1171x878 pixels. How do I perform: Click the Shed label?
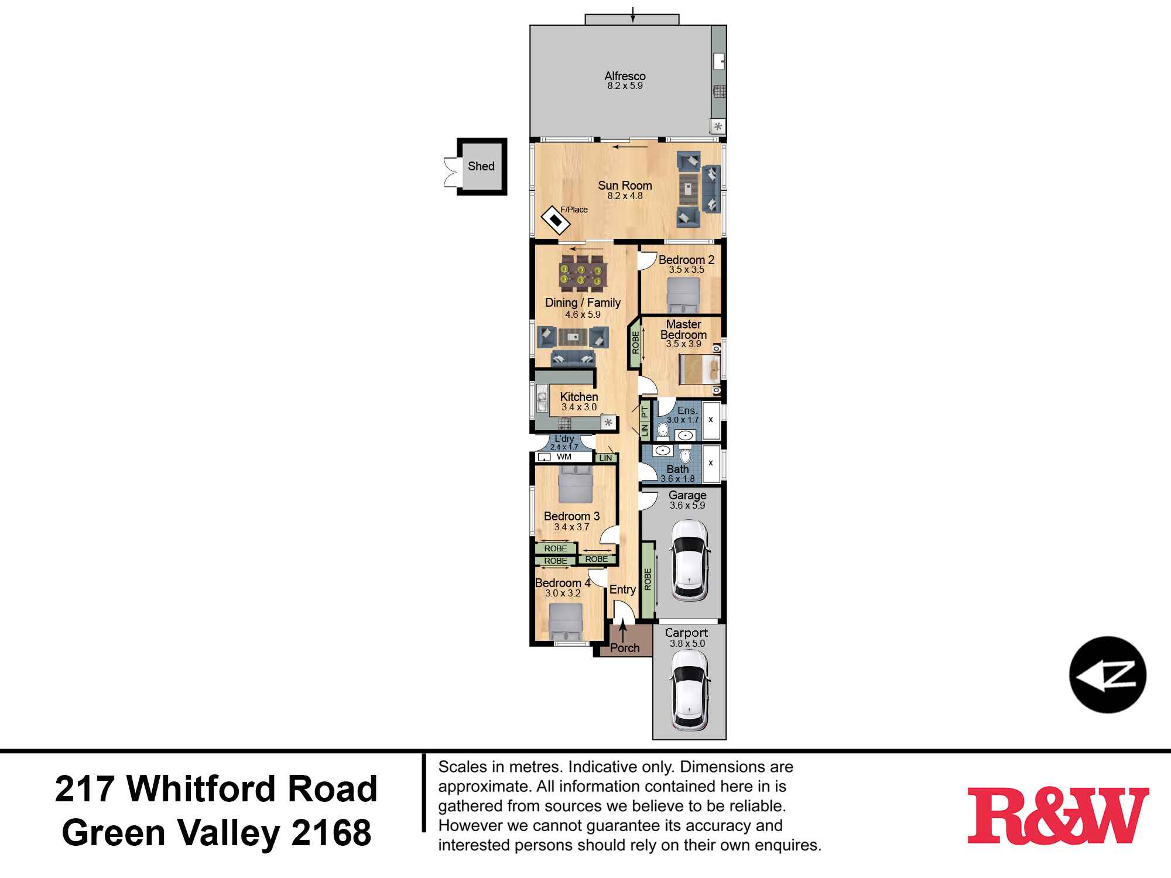pyautogui.click(x=481, y=166)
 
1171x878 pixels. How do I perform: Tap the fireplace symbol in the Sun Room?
pyautogui.click(x=556, y=221)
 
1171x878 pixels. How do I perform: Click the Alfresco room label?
pyautogui.click(x=625, y=76)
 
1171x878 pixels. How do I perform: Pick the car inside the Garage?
pyautogui.click(x=690, y=560)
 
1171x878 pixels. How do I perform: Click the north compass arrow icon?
pyautogui.click(x=1107, y=675)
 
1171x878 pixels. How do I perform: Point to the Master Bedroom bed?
pyautogui.click(x=700, y=369)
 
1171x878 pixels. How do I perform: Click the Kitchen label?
pyautogui.click(x=578, y=397)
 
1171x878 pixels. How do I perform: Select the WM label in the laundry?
pyautogui.click(x=564, y=457)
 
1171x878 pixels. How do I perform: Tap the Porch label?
pyautogui.click(x=625, y=648)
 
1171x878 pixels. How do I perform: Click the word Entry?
pyautogui.click(x=622, y=589)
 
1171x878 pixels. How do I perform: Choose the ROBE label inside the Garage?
pyautogui.click(x=648, y=579)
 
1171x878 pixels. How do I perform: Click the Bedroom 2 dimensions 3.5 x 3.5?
pyautogui.click(x=686, y=270)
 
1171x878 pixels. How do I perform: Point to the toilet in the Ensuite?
pyautogui.click(x=663, y=430)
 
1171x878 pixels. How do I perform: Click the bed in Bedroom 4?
pyautogui.click(x=566, y=623)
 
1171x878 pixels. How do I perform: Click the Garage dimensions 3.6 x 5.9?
pyautogui.click(x=687, y=506)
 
